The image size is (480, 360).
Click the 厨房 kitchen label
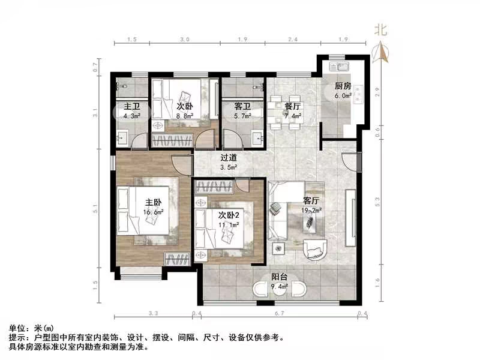tap(343, 86)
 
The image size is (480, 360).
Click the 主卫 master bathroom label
tap(131, 106)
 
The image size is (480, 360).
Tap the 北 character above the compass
tap(380, 29)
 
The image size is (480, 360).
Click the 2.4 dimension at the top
tap(292, 40)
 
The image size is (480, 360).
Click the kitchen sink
tap(342, 64)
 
